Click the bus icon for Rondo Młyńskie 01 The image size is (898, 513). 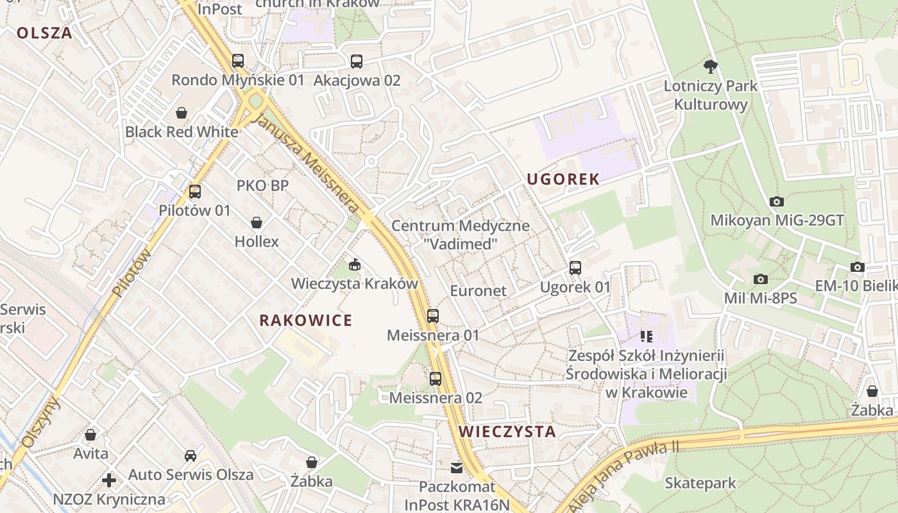coord(238,61)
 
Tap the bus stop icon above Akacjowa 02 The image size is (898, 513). coord(357,62)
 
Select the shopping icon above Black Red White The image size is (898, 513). coord(182,113)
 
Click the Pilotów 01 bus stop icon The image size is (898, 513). coord(195,191)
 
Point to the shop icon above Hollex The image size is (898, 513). coord(257,223)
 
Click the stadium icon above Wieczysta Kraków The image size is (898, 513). coord(354,264)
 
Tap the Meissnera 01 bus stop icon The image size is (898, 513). coord(433,315)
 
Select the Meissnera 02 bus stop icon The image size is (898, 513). coord(436,378)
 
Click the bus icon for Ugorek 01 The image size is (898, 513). coord(575,268)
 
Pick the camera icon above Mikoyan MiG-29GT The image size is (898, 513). coord(777,201)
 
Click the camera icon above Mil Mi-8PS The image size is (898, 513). coord(761,279)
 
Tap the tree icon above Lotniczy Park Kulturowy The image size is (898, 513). coord(710,65)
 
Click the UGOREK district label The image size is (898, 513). coord(563,180)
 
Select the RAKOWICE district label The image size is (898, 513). coord(306,321)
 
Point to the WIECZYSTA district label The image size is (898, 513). coord(507,432)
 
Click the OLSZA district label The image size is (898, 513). coord(44,33)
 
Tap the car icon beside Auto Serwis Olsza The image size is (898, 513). coord(191,456)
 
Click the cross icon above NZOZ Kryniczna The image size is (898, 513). coord(109,480)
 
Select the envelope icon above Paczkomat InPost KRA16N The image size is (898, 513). coord(457,468)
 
